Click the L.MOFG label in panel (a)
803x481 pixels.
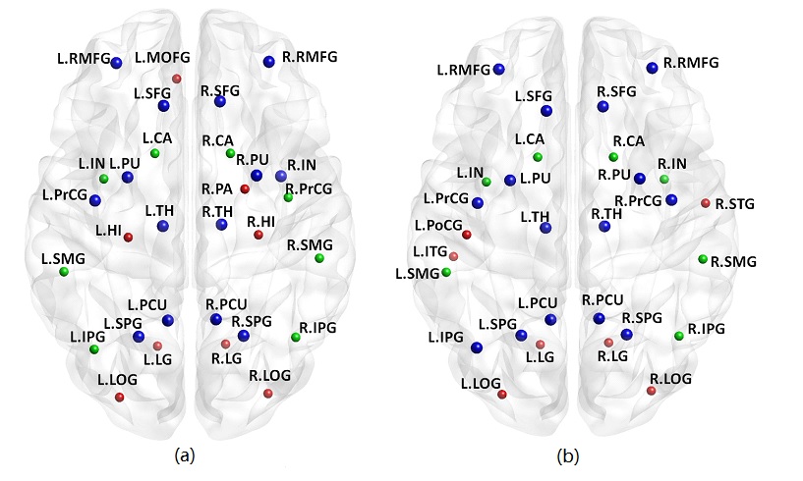pyautogui.click(x=158, y=58)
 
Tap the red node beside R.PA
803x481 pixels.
pyautogui.click(x=245, y=188)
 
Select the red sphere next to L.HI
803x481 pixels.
pyautogui.click(x=128, y=237)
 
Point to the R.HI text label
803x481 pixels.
pyautogui.click(x=261, y=222)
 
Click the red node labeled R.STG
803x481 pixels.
pyautogui.click(x=705, y=203)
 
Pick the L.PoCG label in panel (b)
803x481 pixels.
pyautogui.click(x=436, y=225)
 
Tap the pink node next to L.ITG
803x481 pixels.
pyautogui.click(x=453, y=256)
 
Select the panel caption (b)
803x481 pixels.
pyautogui.click(x=568, y=455)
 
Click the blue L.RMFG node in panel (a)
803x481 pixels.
pyautogui.click(x=117, y=63)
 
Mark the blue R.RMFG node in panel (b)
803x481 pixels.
pyautogui.click(x=652, y=67)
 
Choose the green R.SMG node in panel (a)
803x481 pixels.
pyautogui.click(x=319, y=258)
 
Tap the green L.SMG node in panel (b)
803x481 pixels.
pyautogui.click(x=446, y=272)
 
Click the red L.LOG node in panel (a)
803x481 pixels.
pyautogui.click(x=119, y=397)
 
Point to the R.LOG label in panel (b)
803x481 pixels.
pyautogui.click(x=671, y=378)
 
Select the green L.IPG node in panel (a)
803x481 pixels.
pyautogui.click(x=94, y=349)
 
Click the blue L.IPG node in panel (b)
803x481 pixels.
pyautogui.click(x=477, y=347)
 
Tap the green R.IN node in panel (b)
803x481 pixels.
pyautogui.click(x=664, y=179)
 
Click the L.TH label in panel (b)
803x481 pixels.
pyautogui.click(x=535, y=215)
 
